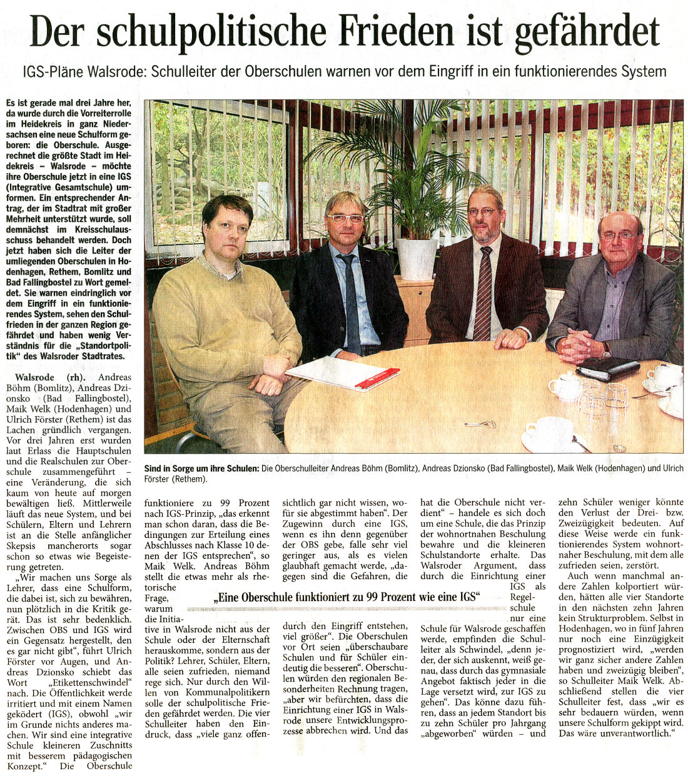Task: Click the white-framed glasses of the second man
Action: [x=345, y=218]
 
